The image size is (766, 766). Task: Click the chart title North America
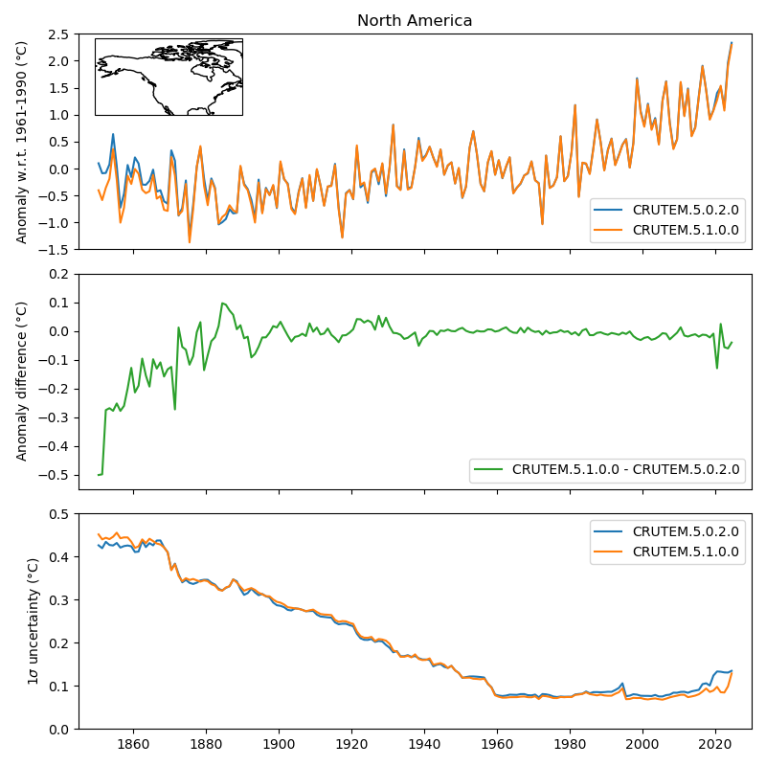(x=415, y=21)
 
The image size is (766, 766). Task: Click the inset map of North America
(x=169, y=77)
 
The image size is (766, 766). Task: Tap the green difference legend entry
(x=625, y=469)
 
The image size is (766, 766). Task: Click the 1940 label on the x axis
(x=424, y=743)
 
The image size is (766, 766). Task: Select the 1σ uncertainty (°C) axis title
(x=33, y=620)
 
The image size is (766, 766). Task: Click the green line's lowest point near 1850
(x=99, y=475)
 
